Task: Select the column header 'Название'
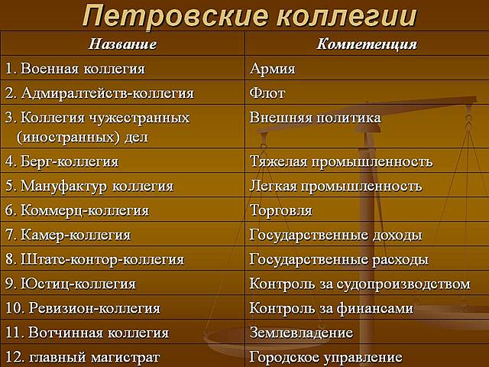122,44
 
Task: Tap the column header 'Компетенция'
367,44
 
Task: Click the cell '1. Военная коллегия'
75,69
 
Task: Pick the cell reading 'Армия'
273,69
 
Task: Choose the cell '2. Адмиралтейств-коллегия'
99,93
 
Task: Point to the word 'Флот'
267,93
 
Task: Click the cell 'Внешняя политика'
315,119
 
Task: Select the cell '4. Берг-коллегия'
62,161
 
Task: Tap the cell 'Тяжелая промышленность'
341,161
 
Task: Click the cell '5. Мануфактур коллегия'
89,186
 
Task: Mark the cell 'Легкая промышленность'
335,186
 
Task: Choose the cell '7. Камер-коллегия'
68,235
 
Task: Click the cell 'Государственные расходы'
338,259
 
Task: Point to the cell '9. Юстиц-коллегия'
70,284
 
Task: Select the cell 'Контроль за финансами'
332,308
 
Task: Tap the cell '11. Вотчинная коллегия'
87,333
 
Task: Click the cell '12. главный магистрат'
83,356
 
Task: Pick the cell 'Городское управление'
325,356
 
